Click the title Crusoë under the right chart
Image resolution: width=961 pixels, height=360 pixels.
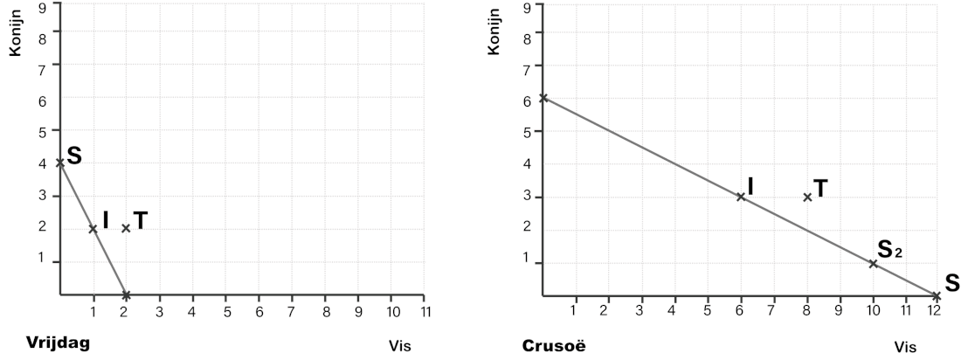(553, 345)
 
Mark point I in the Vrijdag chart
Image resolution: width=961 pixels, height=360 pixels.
(93, 229)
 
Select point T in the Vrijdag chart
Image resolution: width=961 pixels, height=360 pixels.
(126, 228)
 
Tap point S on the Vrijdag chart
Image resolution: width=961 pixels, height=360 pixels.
(59, 162)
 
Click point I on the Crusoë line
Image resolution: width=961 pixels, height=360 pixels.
(741, 197)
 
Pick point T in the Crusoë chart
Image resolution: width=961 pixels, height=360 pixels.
(807, 197)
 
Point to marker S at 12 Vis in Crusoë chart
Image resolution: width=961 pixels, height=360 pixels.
(937, 296)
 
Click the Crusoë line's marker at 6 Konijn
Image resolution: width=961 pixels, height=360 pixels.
(543, 97)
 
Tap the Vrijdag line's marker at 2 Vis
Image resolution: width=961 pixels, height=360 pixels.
(126, 294)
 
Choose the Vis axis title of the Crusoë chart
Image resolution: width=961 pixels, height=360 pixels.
(905, 346)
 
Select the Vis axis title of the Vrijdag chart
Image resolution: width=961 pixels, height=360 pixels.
(399, 345)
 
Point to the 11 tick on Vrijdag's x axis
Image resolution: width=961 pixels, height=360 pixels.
(425, 311)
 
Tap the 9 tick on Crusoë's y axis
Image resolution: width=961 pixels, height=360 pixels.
(527, 8)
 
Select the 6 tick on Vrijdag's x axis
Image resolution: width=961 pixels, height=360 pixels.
(259, 311)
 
